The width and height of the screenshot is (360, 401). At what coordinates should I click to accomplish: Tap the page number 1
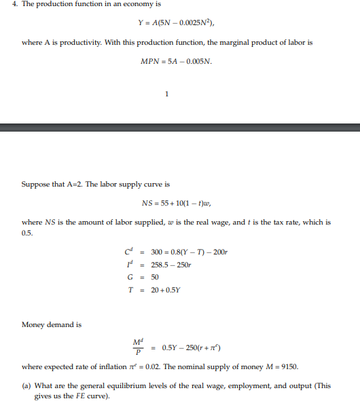(166, 94)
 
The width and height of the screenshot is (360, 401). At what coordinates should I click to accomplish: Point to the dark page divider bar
(180, 127)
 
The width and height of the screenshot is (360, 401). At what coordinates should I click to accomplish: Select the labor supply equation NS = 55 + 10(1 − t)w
(179, 202)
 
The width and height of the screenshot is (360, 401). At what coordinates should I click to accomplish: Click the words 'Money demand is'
(52, 324)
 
